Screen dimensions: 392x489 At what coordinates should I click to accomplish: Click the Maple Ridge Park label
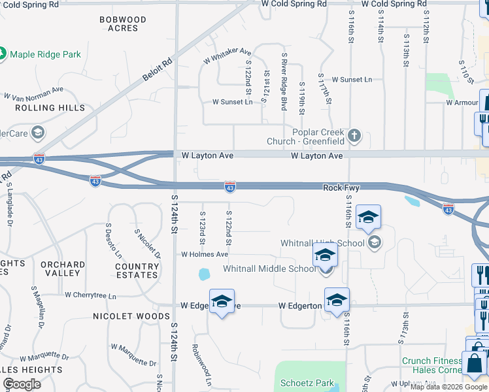[46, 54]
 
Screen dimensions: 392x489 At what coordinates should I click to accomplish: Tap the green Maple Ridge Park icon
[3, 54]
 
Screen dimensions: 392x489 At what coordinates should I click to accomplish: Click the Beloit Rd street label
[158, 70]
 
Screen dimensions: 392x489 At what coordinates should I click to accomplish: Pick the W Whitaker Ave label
[227, 56]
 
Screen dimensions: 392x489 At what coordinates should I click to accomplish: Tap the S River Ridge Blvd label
[284, 82]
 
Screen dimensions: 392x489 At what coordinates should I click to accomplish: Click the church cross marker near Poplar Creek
[354, 136]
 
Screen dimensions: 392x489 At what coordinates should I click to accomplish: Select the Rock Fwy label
[341, 188]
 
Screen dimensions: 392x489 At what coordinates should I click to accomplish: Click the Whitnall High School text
[322, 244]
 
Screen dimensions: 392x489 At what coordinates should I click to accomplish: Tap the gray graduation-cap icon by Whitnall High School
[375, 243]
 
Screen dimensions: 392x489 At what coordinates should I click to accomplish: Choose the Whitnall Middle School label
[269, 269]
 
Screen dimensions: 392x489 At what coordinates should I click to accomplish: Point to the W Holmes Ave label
[205, 254]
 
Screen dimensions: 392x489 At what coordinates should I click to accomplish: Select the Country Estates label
[137, 270]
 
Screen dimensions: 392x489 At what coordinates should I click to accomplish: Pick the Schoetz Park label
[307, 384]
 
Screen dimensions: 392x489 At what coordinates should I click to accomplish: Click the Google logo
[22, 384]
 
